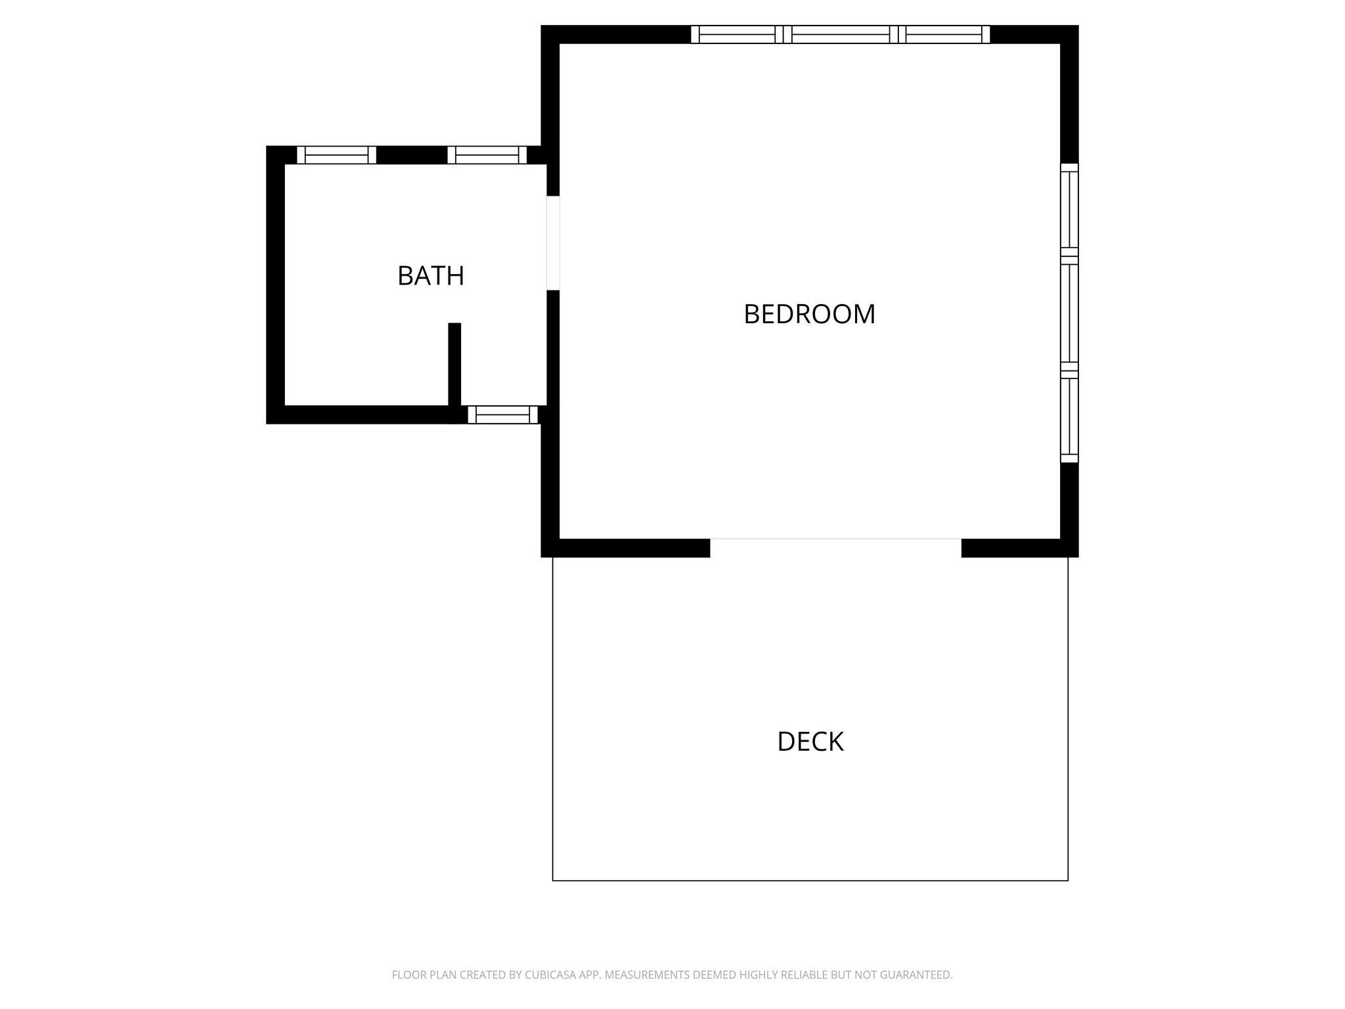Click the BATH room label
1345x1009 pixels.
click(431, 276)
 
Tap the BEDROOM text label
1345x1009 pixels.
click(809, 314)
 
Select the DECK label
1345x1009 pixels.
click(810, 742)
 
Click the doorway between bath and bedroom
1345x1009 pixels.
click(553, 243)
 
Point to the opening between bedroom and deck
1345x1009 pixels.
click(835, 548)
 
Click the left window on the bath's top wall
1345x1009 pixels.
click(336, 155)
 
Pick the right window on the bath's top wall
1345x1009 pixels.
click(487, 155)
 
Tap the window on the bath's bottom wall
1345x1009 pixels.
click(502, 415)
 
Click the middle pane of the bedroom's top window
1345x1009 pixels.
click(841, 34)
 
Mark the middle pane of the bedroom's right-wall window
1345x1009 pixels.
click(1070, 313)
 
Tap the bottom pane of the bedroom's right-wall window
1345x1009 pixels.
click(1070, 416)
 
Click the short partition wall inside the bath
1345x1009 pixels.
click(454, 365)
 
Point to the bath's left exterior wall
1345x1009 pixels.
click(275, 285)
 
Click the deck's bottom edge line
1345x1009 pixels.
click(810, 880)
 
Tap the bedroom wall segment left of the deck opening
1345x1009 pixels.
click(625, 548)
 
